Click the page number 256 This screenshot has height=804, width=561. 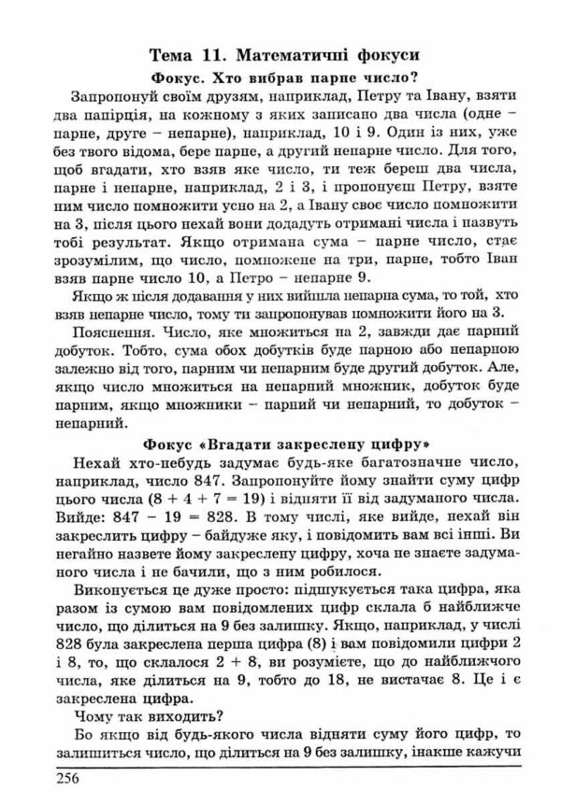click(68, 780)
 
